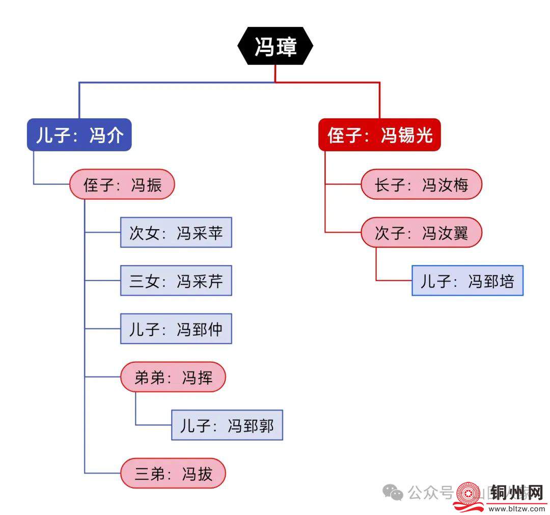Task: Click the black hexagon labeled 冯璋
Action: click(x=276, y=46)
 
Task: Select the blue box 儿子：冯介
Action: click(x=79, y=135)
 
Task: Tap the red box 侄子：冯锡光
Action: click(x=379, y=135)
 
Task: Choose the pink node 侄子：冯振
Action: click(x=122, y=184)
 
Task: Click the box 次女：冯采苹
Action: click(x=176, y=233)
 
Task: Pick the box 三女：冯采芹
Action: click(x=176, y=281)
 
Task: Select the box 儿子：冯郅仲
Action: click(x=176, y=329)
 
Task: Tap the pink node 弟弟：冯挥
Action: click(x=173, y=377)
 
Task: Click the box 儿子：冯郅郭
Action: click(x=227, y=425)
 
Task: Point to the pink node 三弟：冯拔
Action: click(x=173, y=474)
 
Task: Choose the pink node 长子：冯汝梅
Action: click(x=421, y=184)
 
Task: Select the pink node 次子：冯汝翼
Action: click(x=421, y=233)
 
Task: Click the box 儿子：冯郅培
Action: click(x=468, y=281)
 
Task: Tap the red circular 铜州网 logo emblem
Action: click(x=469, y=494)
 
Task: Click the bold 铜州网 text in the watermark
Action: click(x=515, y=493)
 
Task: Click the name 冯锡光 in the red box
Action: click(x=406, y=135)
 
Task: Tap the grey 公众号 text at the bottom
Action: click(x=431, y=493)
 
